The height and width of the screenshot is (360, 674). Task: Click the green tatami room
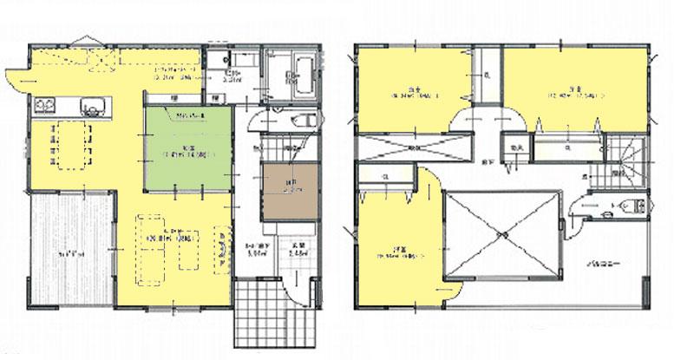189,149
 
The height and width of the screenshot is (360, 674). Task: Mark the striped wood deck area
68,252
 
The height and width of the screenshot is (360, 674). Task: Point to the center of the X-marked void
501,235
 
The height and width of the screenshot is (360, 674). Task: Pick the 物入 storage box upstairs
514,147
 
